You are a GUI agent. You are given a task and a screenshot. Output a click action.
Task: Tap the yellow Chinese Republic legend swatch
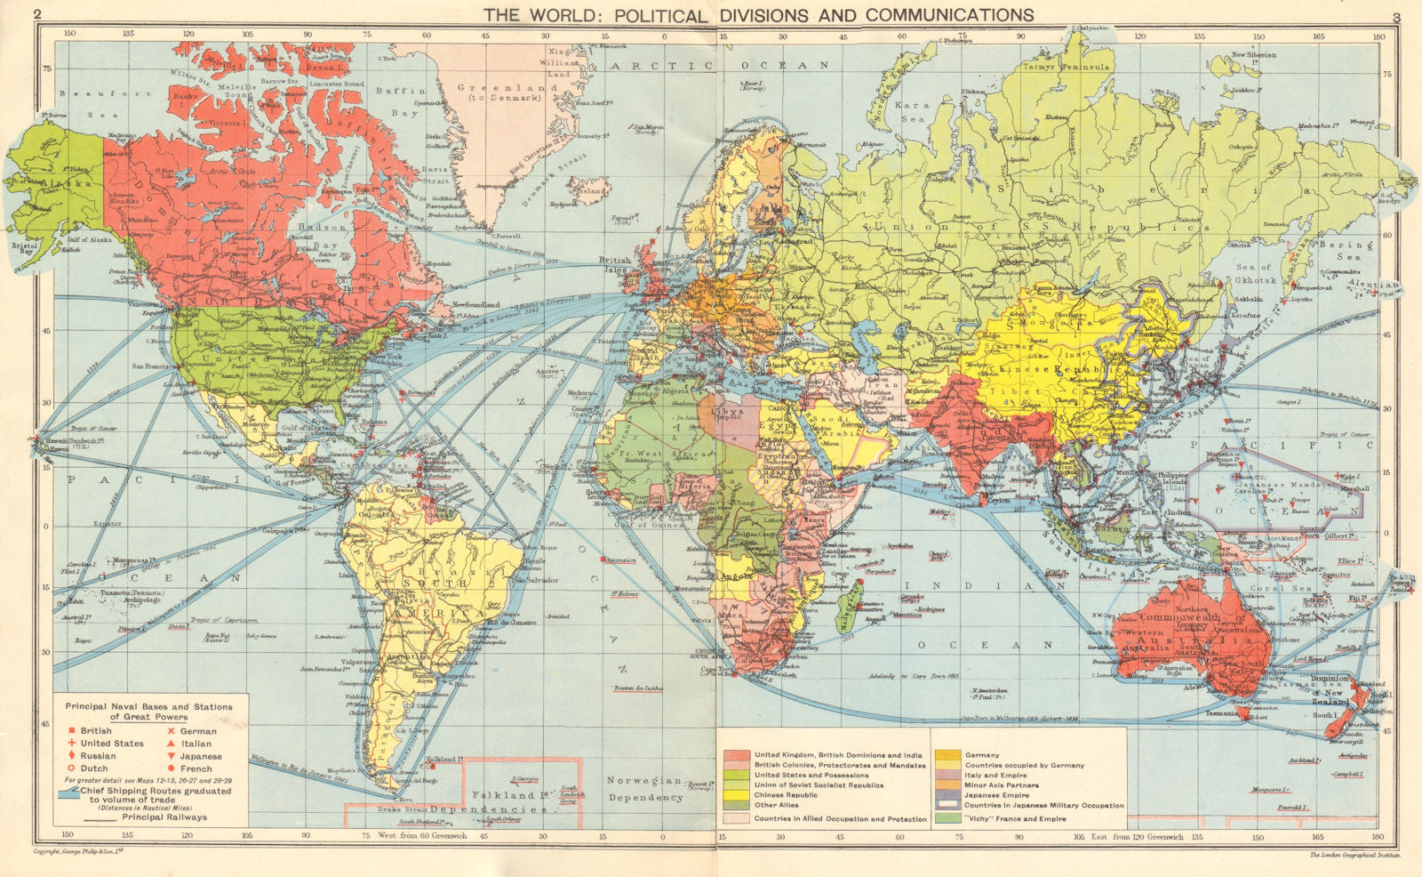click(x=737, y=795)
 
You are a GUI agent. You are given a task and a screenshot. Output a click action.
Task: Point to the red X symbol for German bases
click(x=172, y=731)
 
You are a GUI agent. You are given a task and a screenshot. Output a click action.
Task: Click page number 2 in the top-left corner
click(x=36, y=14)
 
